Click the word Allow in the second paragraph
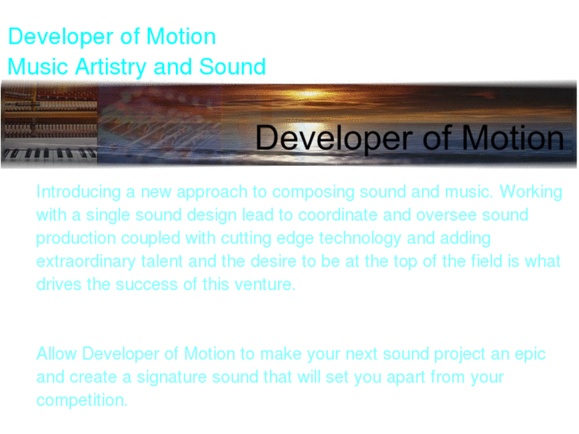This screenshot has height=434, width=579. pyautogui.click(x=57, y=354)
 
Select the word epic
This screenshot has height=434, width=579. pyautogui.click(x=530, y=354)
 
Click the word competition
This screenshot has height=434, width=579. pyautogui.click(x=82, y=400)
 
